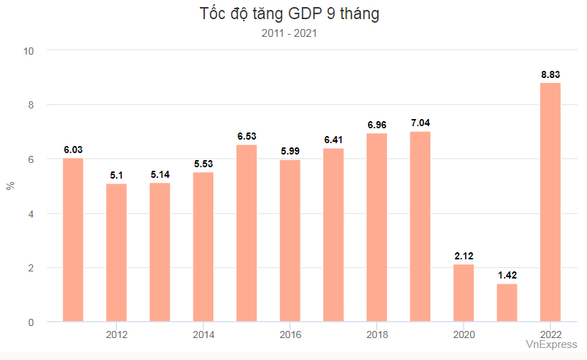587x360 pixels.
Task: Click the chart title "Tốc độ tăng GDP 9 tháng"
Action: (x=289, y=14)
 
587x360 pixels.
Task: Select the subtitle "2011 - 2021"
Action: (x=289, y=33)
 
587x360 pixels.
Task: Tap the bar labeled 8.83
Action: (x=550, y=202)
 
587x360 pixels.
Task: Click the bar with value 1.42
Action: (x=507, y=303)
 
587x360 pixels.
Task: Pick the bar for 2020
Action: (x=464, y=293)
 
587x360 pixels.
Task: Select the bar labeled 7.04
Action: (x=420, y=227)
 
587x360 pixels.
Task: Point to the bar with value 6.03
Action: (x=73, y=240)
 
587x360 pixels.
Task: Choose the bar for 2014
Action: (x=203, y=247)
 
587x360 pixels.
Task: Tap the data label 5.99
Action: (x=290, y=151)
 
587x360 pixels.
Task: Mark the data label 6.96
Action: (x=377, y=125)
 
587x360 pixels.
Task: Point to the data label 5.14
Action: (x=160, y=174)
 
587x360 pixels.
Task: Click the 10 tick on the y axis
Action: (x=29, y=50)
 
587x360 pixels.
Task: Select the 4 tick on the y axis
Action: (x=31, y=213)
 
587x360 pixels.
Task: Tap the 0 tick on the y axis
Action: (x=31, y=322)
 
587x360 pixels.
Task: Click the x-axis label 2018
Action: (x=376, y=334)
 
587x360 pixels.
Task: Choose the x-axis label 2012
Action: (x=116, y=334)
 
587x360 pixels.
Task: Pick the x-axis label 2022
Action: (x=550, y=334)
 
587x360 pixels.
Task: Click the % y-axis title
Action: (x=10, y=186)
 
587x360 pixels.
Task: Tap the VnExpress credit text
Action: (x=551, y=344)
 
